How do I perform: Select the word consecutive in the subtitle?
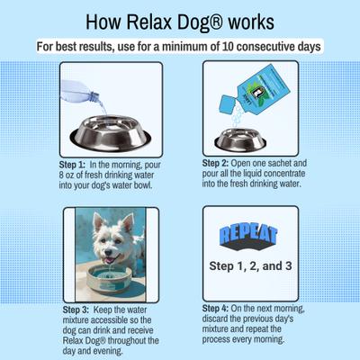click(x=275, y=47)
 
